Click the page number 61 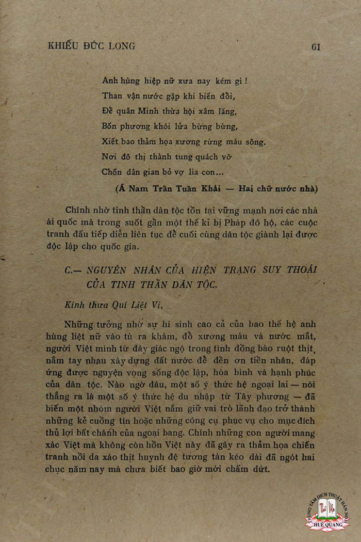tap(316, 46)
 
